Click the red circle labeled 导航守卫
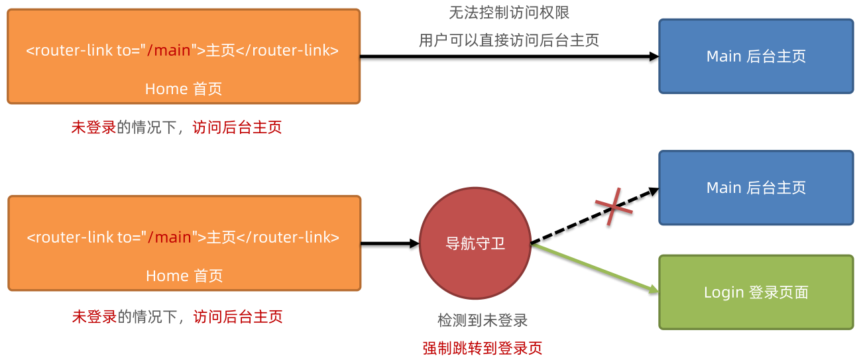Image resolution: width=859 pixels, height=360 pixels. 475,243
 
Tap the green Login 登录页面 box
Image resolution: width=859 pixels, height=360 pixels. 756,292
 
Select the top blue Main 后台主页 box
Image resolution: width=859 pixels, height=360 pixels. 756,56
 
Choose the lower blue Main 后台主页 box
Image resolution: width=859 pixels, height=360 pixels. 756,188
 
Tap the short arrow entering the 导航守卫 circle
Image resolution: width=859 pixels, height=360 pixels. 390,243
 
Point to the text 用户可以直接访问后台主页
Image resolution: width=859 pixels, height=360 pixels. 509,40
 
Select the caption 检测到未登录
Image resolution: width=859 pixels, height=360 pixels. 483,321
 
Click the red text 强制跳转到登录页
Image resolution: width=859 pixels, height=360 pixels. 483,348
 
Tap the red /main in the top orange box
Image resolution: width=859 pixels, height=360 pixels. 168,50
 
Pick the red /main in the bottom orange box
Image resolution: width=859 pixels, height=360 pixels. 169,237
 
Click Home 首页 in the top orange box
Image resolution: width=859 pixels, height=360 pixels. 184,89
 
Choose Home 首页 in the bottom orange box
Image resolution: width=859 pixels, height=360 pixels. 184,276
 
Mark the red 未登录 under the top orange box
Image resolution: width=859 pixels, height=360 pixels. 93,127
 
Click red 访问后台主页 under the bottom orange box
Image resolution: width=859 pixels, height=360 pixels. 238,317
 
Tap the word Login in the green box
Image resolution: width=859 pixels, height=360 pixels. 723,292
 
